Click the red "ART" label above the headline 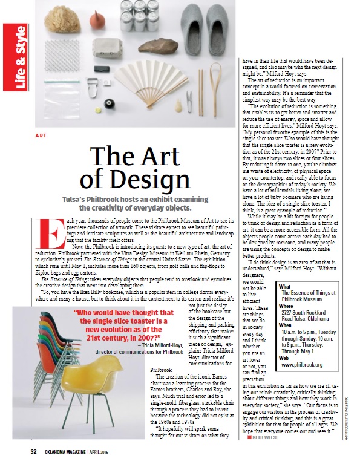pyautogui.click(x=41, y=136)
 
